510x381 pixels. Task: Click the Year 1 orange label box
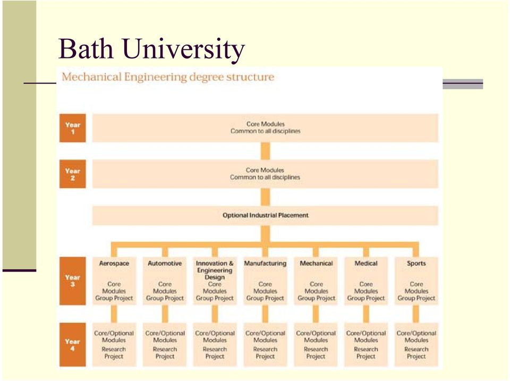[x=73, y=128]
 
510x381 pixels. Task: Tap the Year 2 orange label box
[x=73, y=174]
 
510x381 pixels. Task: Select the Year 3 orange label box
[x=73, y=281]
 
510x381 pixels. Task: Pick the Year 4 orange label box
[x=73, y=344]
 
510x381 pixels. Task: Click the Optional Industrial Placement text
[x=266, y=215]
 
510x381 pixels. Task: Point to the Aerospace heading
[x=114, y=263]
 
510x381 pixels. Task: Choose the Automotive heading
[x=165, y=263]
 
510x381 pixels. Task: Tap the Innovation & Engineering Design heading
[x=215, y=270]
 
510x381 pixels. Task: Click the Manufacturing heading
[x=266, y=263]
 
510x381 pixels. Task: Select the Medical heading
[x=366, y=263]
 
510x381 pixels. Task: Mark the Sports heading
[x=416, y=263]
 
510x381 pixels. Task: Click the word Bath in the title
[x=86, y=48]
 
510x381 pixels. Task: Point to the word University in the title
[x=184, y=49]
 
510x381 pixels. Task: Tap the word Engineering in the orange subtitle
[x=155, y=78]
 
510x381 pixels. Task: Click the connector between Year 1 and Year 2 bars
[x=266, y=151]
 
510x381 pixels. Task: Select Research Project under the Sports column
[x=416, y=353]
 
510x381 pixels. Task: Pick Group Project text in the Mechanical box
[x=316, y=298]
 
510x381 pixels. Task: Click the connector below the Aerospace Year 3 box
[x=114, y=314]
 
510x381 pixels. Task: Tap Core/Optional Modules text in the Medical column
[x=366, y=336]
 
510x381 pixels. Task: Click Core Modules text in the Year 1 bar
[x=266, y=124]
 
